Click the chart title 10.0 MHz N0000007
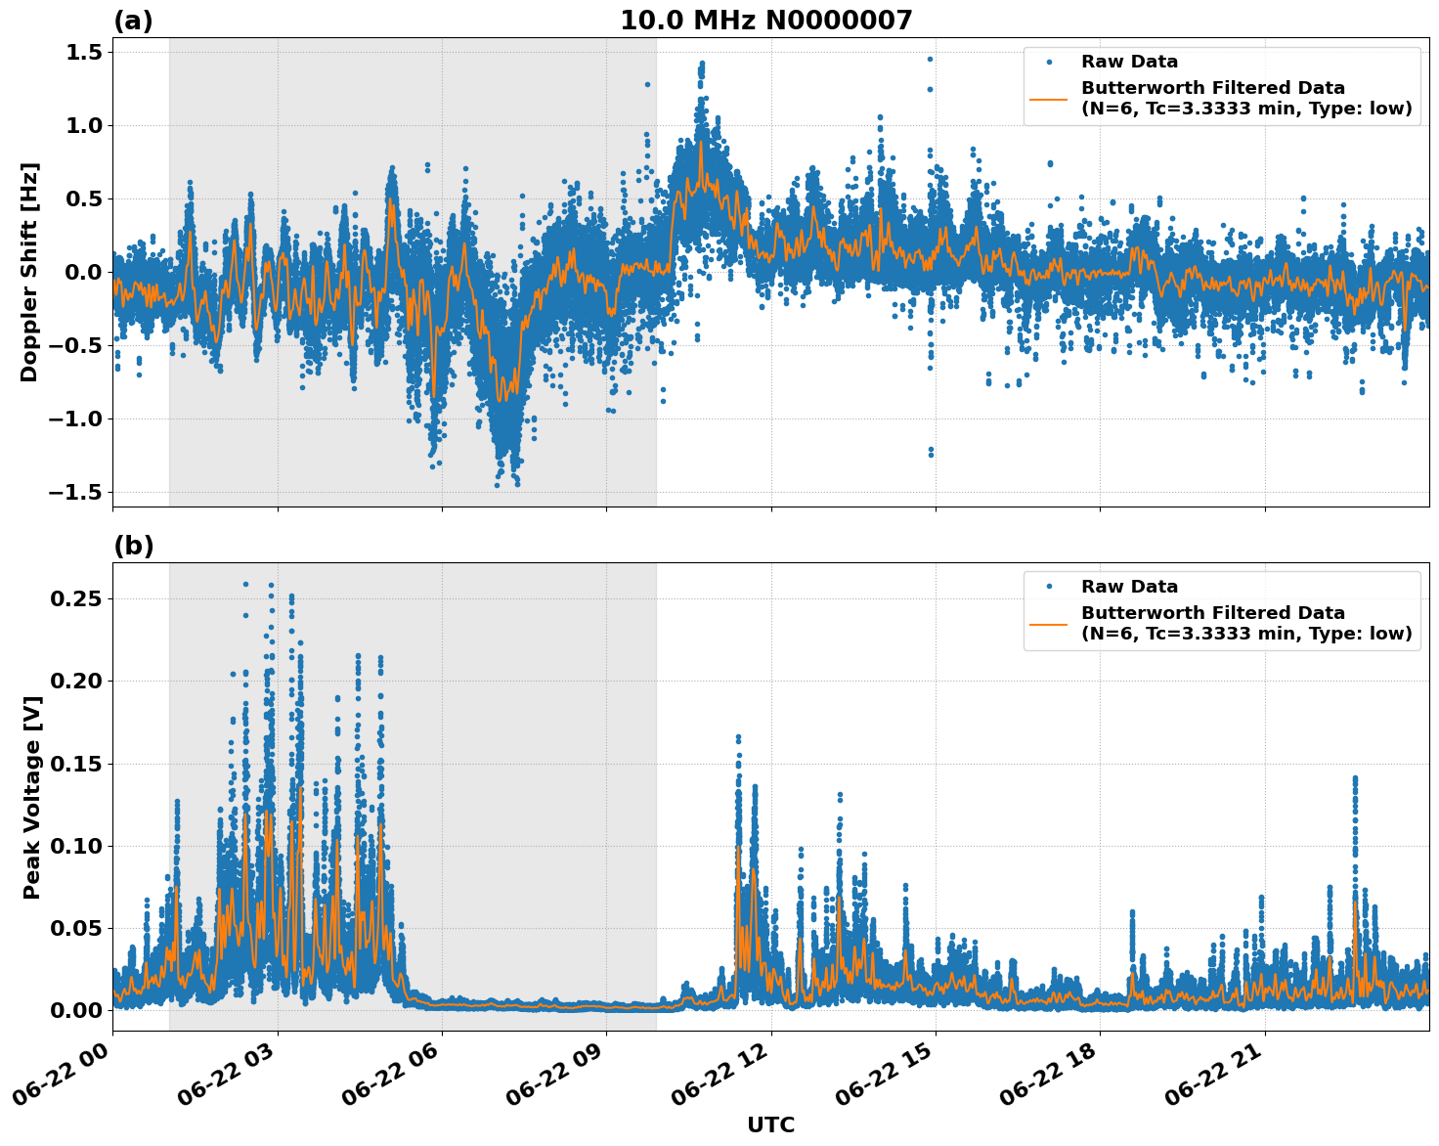[x=765, y=21]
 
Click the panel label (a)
[x=133, y=21]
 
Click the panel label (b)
[x=133, y=546]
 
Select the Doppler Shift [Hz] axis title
[x=29, y=272]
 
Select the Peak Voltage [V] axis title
[x=32, y=797]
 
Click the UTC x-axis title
[x=770, y=1124]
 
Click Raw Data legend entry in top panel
[x=1129, y=62]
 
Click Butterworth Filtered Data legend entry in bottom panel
[x=1245, y=623]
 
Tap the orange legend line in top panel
[x=1048, y=98]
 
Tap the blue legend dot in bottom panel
[x=1048, y=587]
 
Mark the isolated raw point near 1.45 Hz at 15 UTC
[x=930, y=59]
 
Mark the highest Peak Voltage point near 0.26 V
[x=245, y=584]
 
